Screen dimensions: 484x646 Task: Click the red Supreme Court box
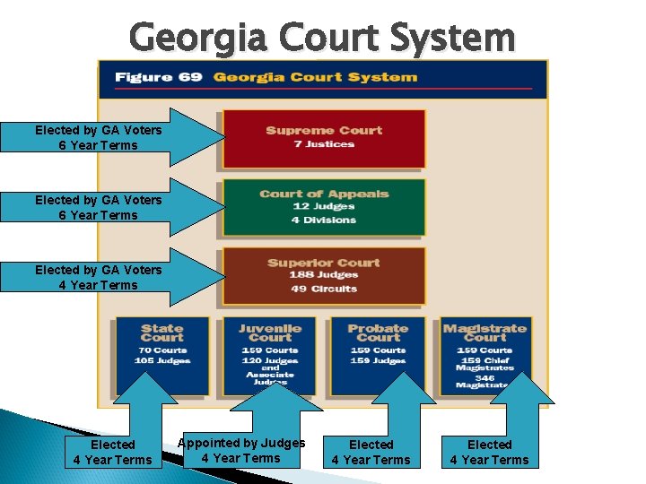(x=323, y=138)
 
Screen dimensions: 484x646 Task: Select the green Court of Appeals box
(x=323, y=206)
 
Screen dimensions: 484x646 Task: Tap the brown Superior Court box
(x=323, y=275)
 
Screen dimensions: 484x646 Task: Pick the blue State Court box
(x=161, y=355)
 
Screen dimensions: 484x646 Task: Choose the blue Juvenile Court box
(x=270, y=355)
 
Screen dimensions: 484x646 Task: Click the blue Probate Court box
(x=377, y=355)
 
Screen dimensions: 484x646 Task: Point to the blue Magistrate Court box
(x=484, y=355)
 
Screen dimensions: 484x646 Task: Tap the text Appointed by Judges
(x=241, y=443)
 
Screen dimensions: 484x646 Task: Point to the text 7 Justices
(x=324, y=144)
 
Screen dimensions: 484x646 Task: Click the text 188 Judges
(x=324, y=275)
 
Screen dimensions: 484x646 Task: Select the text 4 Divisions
(x=324, y=220)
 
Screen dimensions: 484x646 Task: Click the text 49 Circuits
(x=324, y=289)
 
